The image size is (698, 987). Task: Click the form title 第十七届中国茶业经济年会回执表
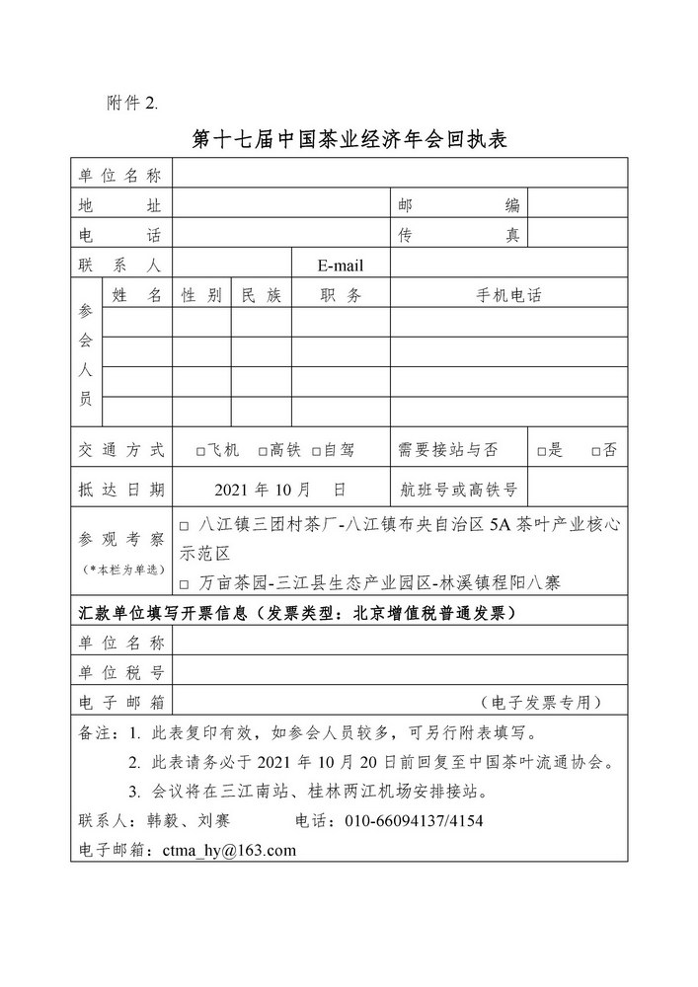[x=349, y=139]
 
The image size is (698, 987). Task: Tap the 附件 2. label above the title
[x=130, y=104]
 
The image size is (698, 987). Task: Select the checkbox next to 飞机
[x=200, y=451]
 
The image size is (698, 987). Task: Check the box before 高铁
[x=263, y=451]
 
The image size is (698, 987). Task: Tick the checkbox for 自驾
[x=316, y=451]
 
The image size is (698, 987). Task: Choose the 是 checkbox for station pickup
[x=542, y=451]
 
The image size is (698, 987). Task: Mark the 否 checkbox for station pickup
[x=596, y=451]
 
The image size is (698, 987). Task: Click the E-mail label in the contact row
[x=341, y=266]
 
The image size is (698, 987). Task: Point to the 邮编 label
[x=458, y=205]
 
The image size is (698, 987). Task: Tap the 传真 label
[x=458, y=235]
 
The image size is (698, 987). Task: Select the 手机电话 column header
[x=508, y=295]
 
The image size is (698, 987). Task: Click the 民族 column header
[x=261, y=295]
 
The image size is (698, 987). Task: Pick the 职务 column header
[x=341, y=295]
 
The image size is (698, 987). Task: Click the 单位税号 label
[x=120, y=672]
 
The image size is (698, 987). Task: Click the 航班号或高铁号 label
[x=459, y=489]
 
